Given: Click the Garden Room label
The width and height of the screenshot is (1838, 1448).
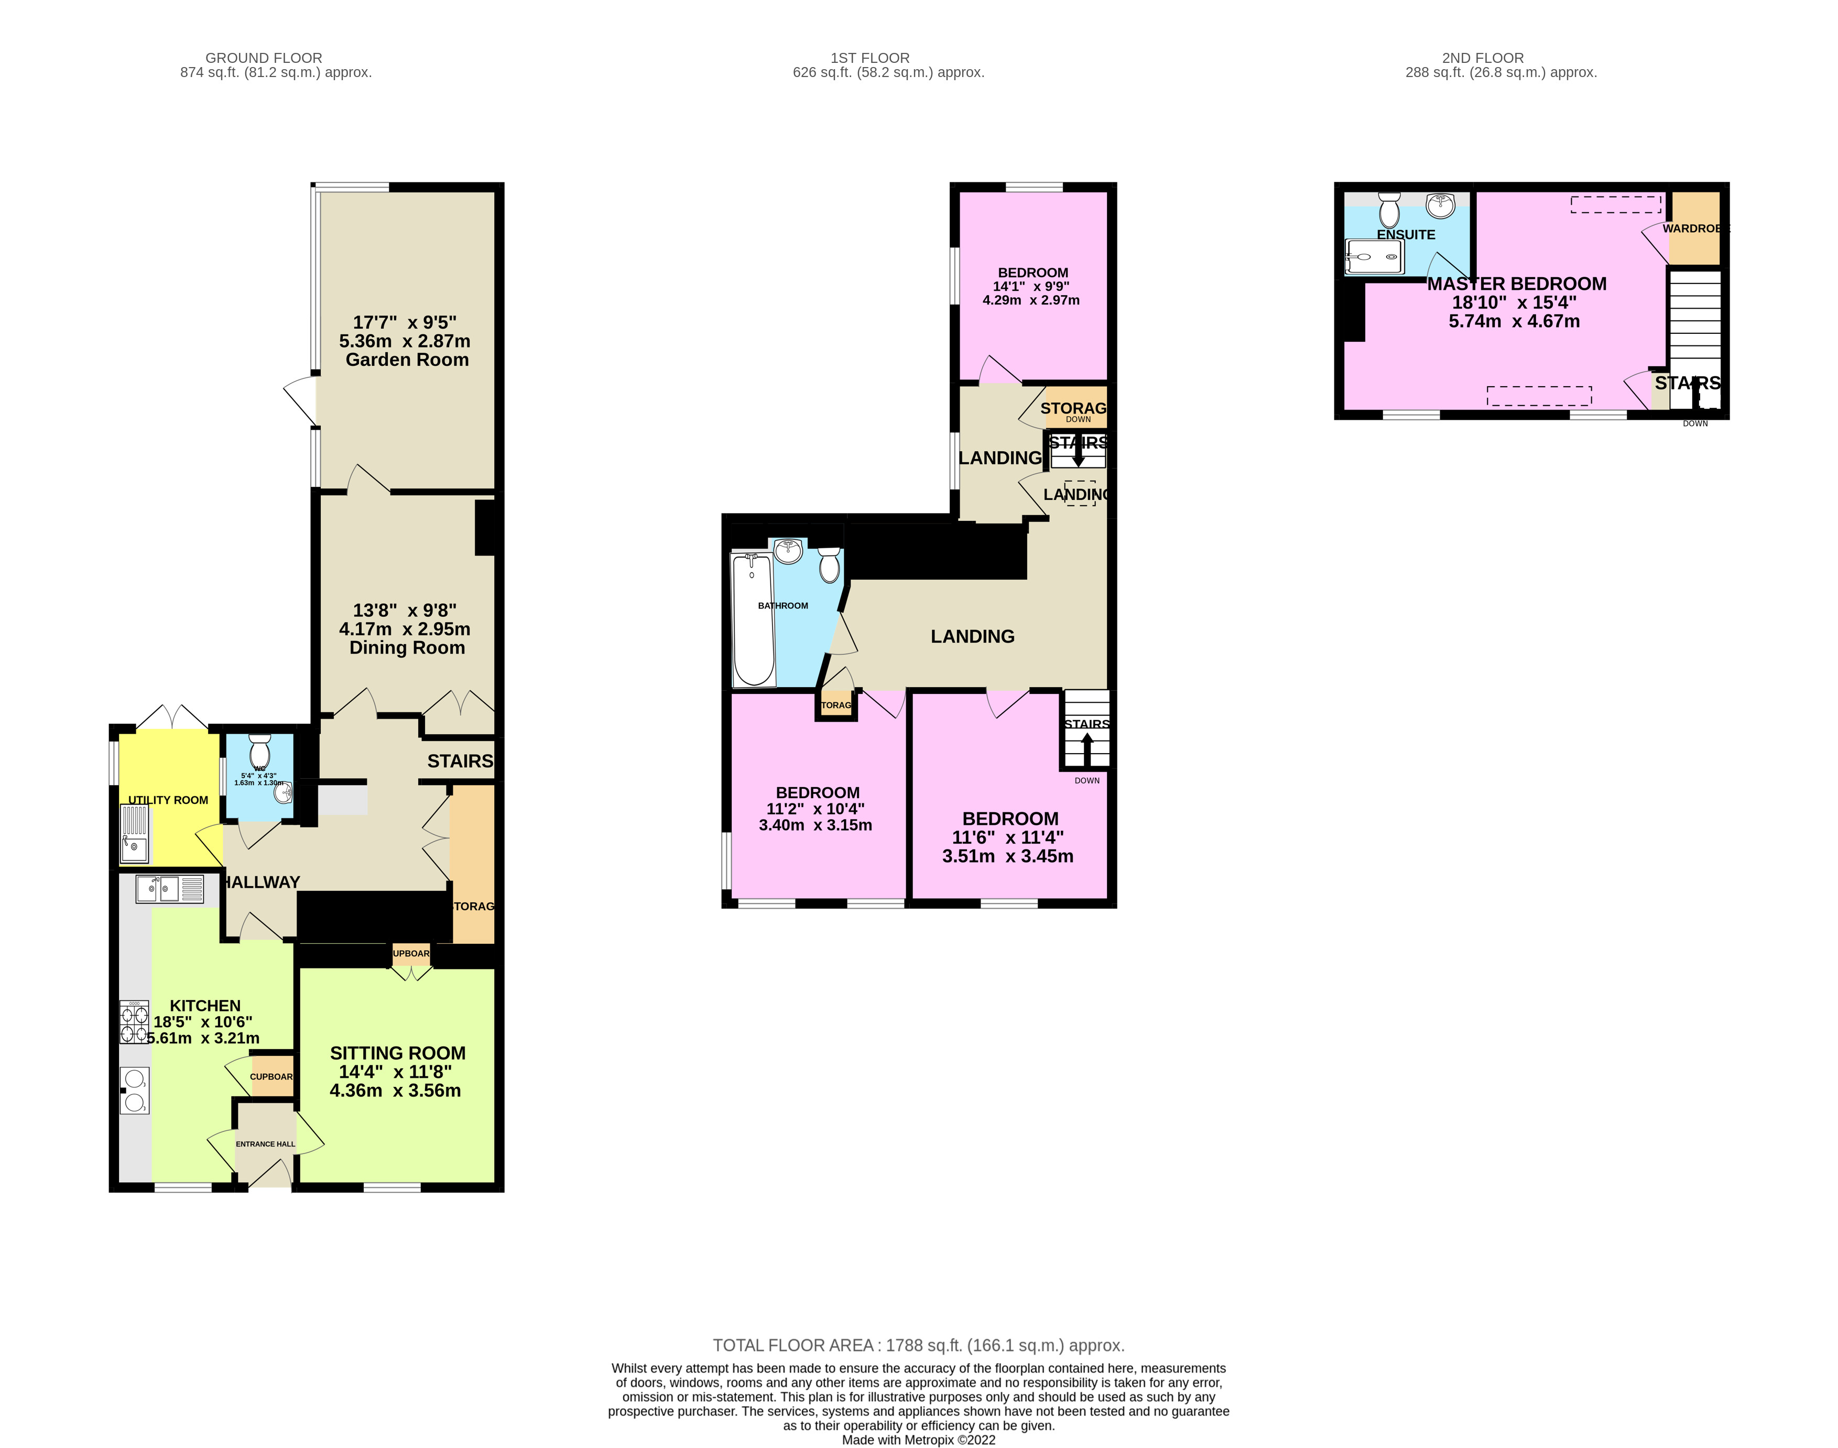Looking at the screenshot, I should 407,360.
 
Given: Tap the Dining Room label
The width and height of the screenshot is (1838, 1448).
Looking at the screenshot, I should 407,648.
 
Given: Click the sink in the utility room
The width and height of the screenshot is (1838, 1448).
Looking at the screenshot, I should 135,833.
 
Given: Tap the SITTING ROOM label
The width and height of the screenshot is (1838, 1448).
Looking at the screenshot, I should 398,1053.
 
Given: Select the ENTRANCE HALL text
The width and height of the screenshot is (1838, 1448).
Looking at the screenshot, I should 265,1144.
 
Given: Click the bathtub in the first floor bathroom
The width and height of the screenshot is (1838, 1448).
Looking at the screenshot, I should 753,620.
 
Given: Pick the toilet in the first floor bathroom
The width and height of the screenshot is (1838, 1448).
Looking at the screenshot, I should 829,564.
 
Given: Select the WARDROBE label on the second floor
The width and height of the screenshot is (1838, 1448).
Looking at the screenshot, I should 1694,229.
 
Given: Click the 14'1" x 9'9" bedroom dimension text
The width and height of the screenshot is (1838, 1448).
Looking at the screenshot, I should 1031,287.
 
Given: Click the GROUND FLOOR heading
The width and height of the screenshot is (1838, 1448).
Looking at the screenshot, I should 264,58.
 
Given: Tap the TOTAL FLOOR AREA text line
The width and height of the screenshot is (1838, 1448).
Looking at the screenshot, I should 918,1345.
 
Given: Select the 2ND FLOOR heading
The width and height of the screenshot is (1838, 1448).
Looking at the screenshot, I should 1483,58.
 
